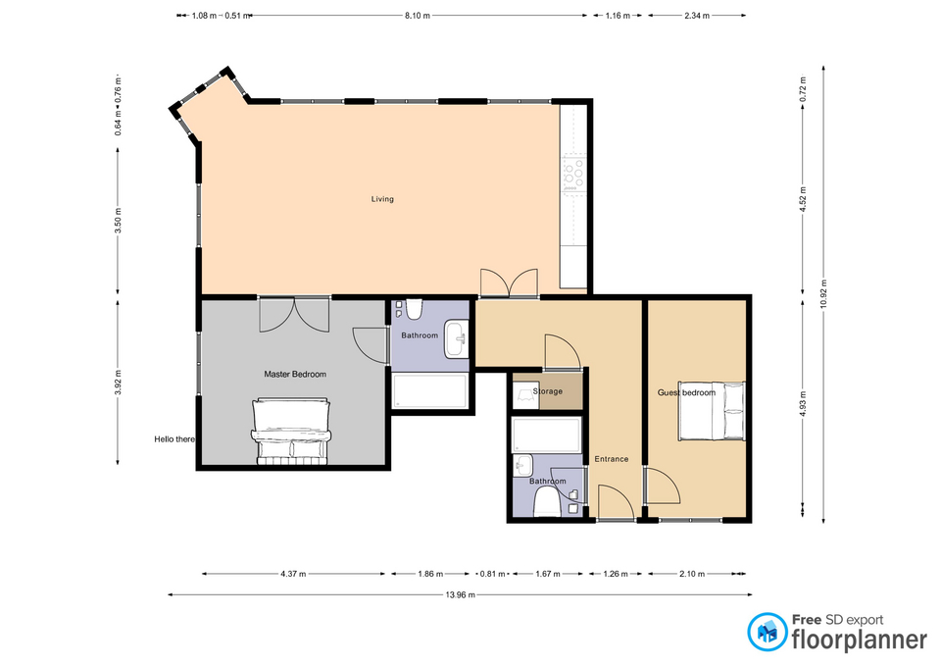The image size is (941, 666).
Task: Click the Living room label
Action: (x=382, y=199)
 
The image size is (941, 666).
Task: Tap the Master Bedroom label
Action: (x=295, y=374)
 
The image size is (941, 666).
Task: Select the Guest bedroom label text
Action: (x=686, y=392)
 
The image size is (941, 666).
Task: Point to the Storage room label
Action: (x=548, y=391)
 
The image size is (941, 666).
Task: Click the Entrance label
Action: (x=612, y=459)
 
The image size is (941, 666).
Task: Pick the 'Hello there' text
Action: (x=174, y=439)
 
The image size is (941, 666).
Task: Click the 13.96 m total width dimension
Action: (x=461, y=595)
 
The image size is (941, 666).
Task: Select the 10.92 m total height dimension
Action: (x=823, y=294)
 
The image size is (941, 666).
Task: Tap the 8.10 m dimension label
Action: (x=418, y=16)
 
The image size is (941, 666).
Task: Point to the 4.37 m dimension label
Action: (x=293, y=574)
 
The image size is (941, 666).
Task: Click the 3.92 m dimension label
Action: (x=118, y=383)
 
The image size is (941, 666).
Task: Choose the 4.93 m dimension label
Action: (x=803, y=403)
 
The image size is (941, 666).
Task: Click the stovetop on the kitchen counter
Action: (x=573, y=173)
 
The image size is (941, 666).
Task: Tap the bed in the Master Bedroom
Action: (x=292, y=432)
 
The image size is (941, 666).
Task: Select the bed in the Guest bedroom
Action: (x=712, y=411)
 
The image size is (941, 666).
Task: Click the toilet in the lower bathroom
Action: (x=547, y=502)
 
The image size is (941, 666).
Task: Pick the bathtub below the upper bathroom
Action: (x=429, y=391)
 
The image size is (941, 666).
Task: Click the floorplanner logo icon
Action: (x=767, y=632)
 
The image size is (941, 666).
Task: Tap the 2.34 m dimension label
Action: (x=697, y=16)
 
